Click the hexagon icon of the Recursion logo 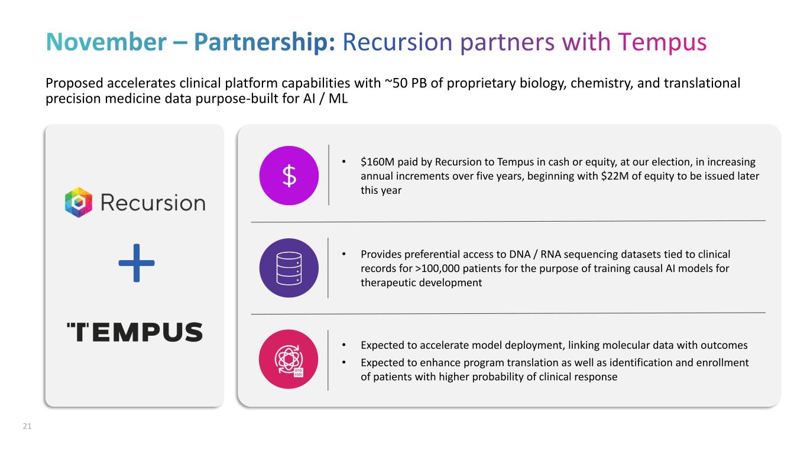pyautogui.click(x=79, y=203)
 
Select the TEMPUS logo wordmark pyautogui.click(x=134, y=332)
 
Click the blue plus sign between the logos pyautogui.click(x=137, y=263)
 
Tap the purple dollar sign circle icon pyautogui.click(x=289, y=176)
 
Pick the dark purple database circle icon pyautogui.click(x=289, y=268)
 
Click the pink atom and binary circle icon pyautogui.click(x=289, y=359)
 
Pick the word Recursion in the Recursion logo pyautogui.click(x=153, y=203)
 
